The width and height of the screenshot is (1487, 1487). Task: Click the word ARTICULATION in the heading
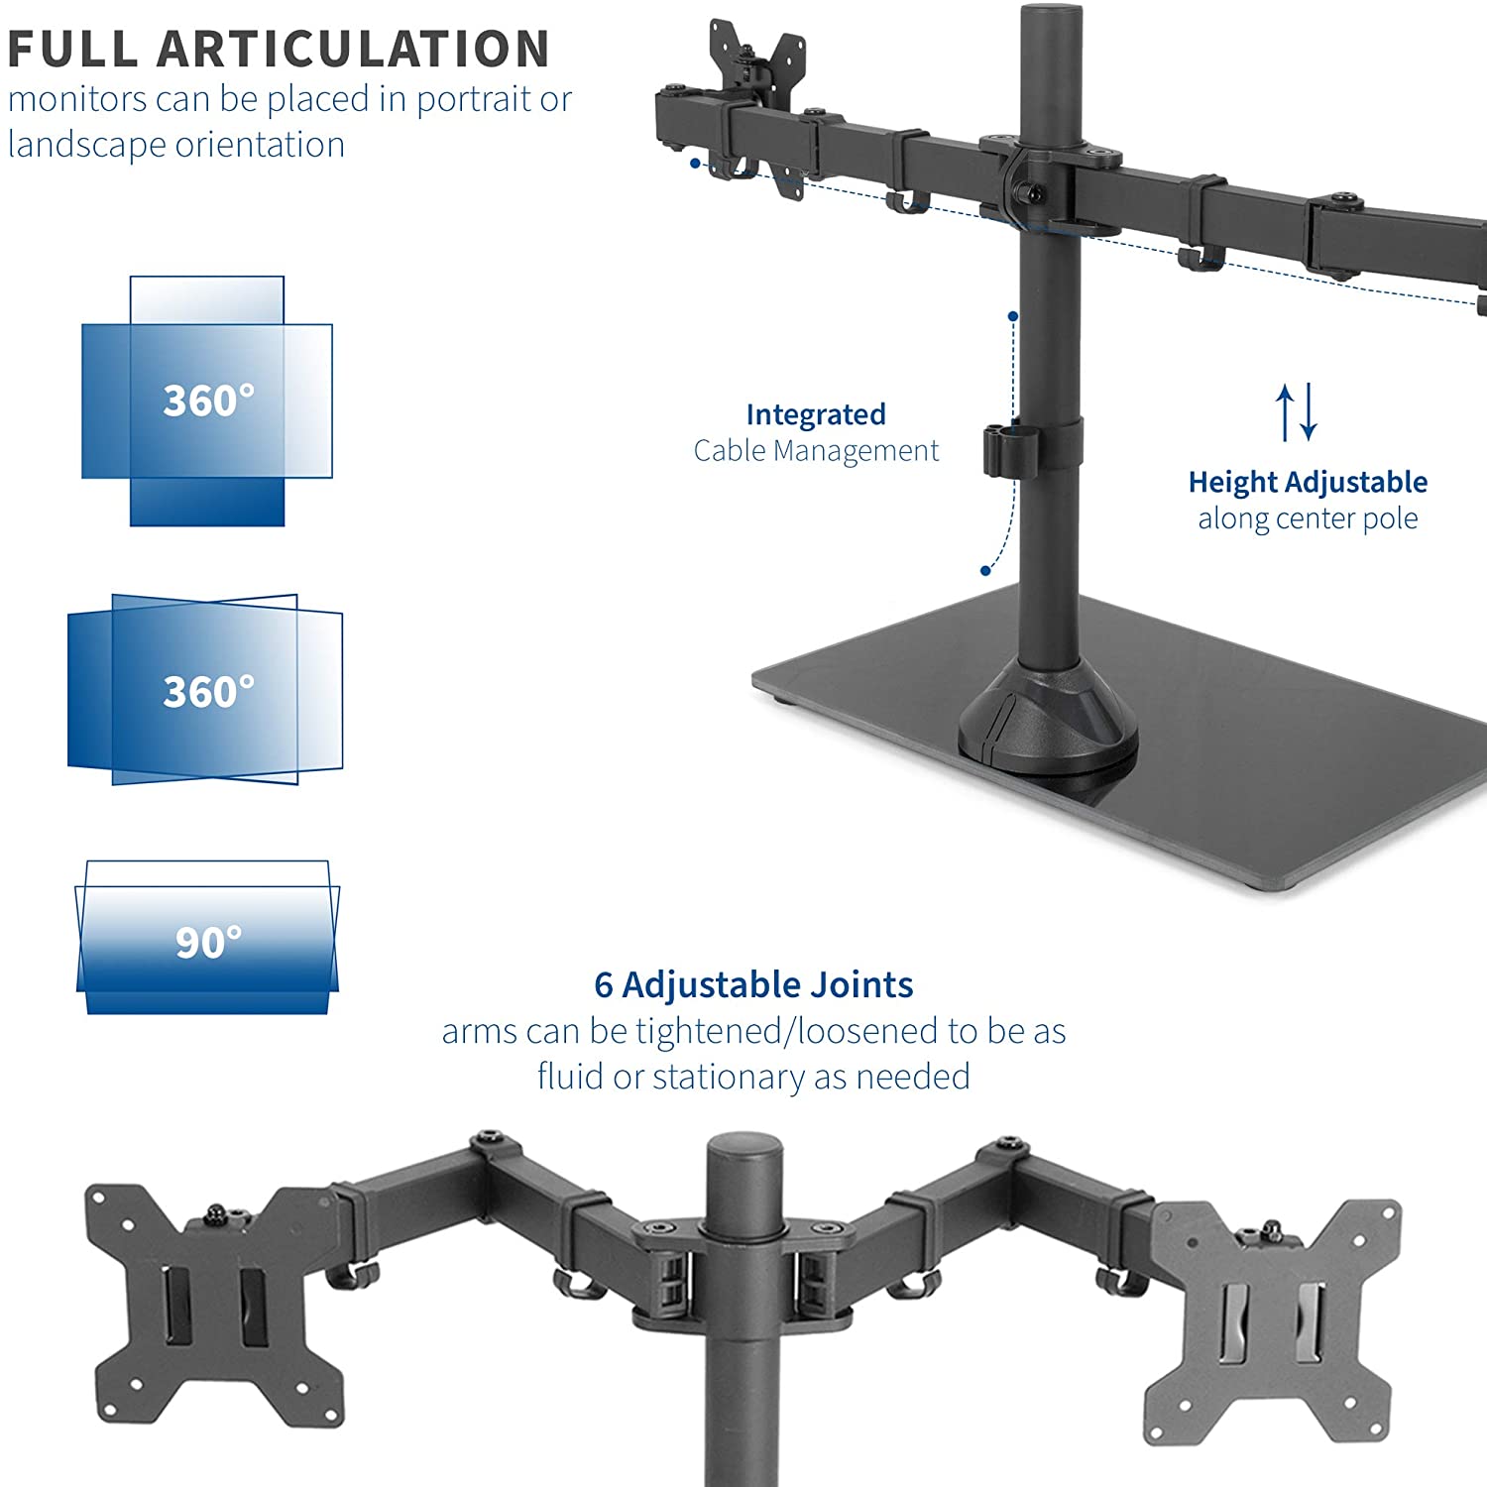click(x=353, y=49)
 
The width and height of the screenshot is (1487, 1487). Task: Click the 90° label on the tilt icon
click(x=208, y=942)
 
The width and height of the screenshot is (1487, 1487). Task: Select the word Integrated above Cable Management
click(x=816, y=414)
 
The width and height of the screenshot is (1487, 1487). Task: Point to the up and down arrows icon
click(x=1297, y=411)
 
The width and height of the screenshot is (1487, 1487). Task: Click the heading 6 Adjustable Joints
click(x=753, y=984)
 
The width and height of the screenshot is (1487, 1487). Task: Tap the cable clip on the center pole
click(x=1003, y=449)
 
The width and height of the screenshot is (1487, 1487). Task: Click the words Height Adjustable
click(x=1308, y=482)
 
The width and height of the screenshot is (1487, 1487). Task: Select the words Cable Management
click(x=816, y=450)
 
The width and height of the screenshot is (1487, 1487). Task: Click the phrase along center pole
click(x=1308, y=518)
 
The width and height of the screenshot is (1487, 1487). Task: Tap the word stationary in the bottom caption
click(x=730, y=1077)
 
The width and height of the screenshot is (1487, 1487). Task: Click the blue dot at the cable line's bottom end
click(x=985, y=570)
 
